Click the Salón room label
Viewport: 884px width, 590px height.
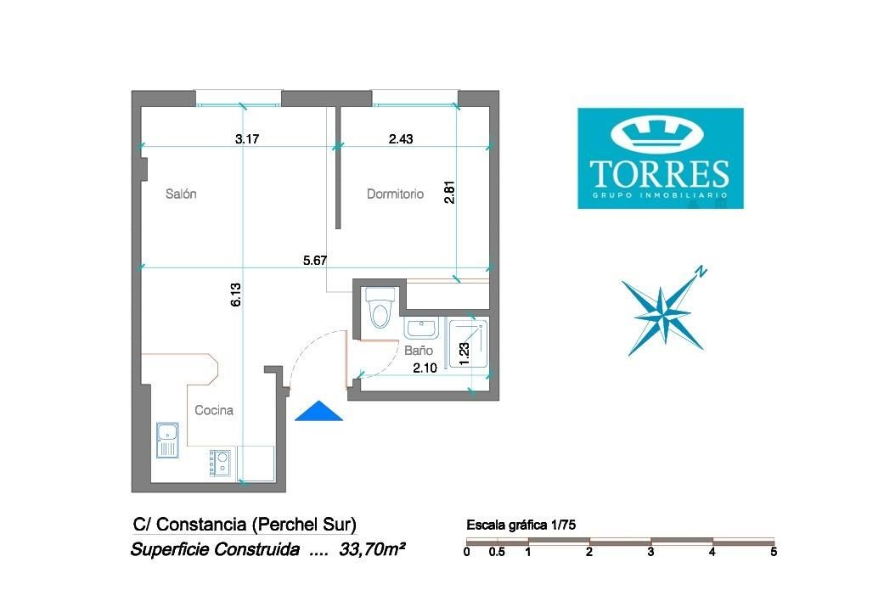point(181,194)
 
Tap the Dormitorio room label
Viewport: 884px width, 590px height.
point(395,194)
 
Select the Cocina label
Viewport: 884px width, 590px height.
point(214,410)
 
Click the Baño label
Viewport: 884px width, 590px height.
point(418,350)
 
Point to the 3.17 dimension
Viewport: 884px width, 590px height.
point(247,138)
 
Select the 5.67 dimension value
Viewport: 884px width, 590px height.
point(315,261)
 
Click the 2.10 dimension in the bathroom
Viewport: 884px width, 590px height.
point(425,368)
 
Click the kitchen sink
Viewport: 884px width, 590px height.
point(167,440)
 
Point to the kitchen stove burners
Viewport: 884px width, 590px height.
point(222,463)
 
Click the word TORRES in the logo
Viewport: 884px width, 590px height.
point(660,172)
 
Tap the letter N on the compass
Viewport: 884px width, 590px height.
point(701,272)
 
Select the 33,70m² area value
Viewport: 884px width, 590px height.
point(371,550)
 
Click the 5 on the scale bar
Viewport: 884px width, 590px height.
point(773,552)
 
